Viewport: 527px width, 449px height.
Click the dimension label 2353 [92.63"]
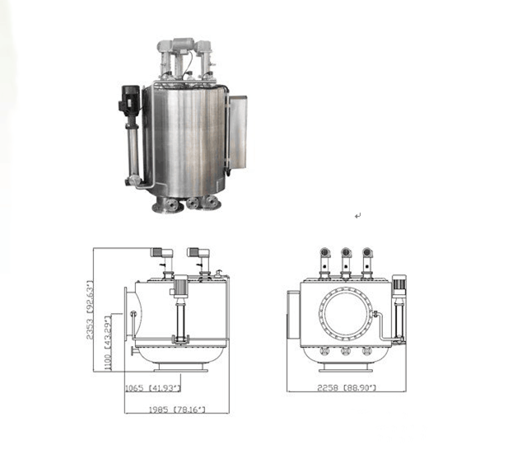(x=91, y=310)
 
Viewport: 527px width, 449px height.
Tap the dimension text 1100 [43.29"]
(x=108, y=343)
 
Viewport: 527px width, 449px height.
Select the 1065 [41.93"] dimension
(x=153, y=388)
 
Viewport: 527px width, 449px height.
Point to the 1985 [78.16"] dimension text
(x=177, y=409)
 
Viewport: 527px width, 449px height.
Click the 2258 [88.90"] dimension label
(x=347, y=387)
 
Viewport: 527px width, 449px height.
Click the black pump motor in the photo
(x=129, y=100)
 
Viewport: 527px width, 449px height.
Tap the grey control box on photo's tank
(x=237, y=133)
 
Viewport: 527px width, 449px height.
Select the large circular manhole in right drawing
(x=346, y=313)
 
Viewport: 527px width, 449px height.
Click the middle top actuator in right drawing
(x=346, y=263)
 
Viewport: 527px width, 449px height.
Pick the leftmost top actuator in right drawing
(x=324, y=263)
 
